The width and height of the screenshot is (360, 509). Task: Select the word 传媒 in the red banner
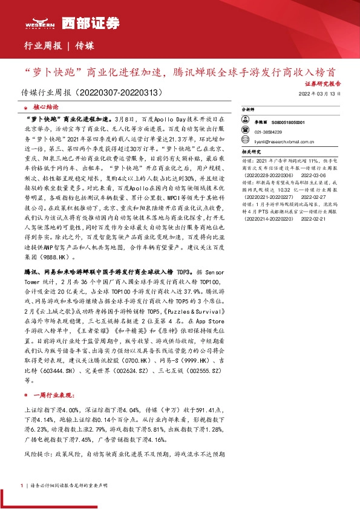coord(85,45)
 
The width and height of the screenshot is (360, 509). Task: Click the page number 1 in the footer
coord(21,485)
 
